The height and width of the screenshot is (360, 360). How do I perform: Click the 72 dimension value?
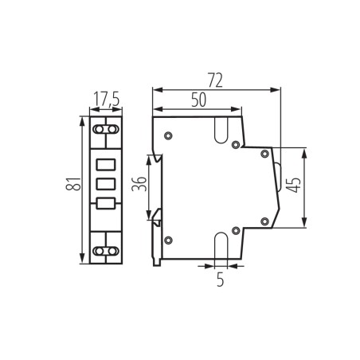(214, 80)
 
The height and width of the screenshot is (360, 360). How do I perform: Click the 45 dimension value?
(295, 187)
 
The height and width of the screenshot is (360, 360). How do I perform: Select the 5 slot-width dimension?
(221, 280)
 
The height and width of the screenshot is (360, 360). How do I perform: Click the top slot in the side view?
(221, 129)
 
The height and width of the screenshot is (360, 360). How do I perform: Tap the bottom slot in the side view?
(221, 244)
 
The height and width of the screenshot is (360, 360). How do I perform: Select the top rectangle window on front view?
(105, 166)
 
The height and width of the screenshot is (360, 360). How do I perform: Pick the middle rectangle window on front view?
(105, 184)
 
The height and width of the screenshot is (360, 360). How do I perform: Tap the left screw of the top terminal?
(99, 127)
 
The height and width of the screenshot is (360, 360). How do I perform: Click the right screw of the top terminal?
(112, 127)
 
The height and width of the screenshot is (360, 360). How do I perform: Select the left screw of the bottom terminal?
(99, 252)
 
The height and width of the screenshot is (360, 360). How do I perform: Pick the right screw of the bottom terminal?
(112, 252)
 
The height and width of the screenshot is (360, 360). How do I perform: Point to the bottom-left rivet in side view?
(167, 240)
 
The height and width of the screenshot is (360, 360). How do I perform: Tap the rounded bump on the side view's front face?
(278, 172)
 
